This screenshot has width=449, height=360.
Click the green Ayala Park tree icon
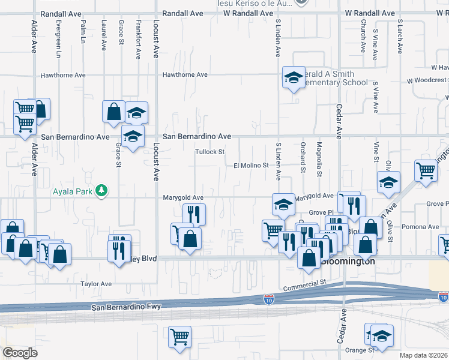tap(103, 190)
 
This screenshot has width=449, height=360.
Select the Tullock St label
tap(209, 152)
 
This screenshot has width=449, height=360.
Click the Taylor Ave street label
tap(96, 284)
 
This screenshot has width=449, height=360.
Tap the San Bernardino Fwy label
tap(131, 308)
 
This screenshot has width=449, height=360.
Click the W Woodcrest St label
tap(427, 80)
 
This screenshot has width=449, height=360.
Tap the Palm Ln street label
tap(82, 34)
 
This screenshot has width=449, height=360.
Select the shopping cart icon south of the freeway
tap(179, 337)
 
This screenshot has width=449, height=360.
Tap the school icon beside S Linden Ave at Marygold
tap(283, 205)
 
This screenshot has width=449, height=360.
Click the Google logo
tap(20, 353)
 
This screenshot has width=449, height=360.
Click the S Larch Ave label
tap(399, 36)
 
